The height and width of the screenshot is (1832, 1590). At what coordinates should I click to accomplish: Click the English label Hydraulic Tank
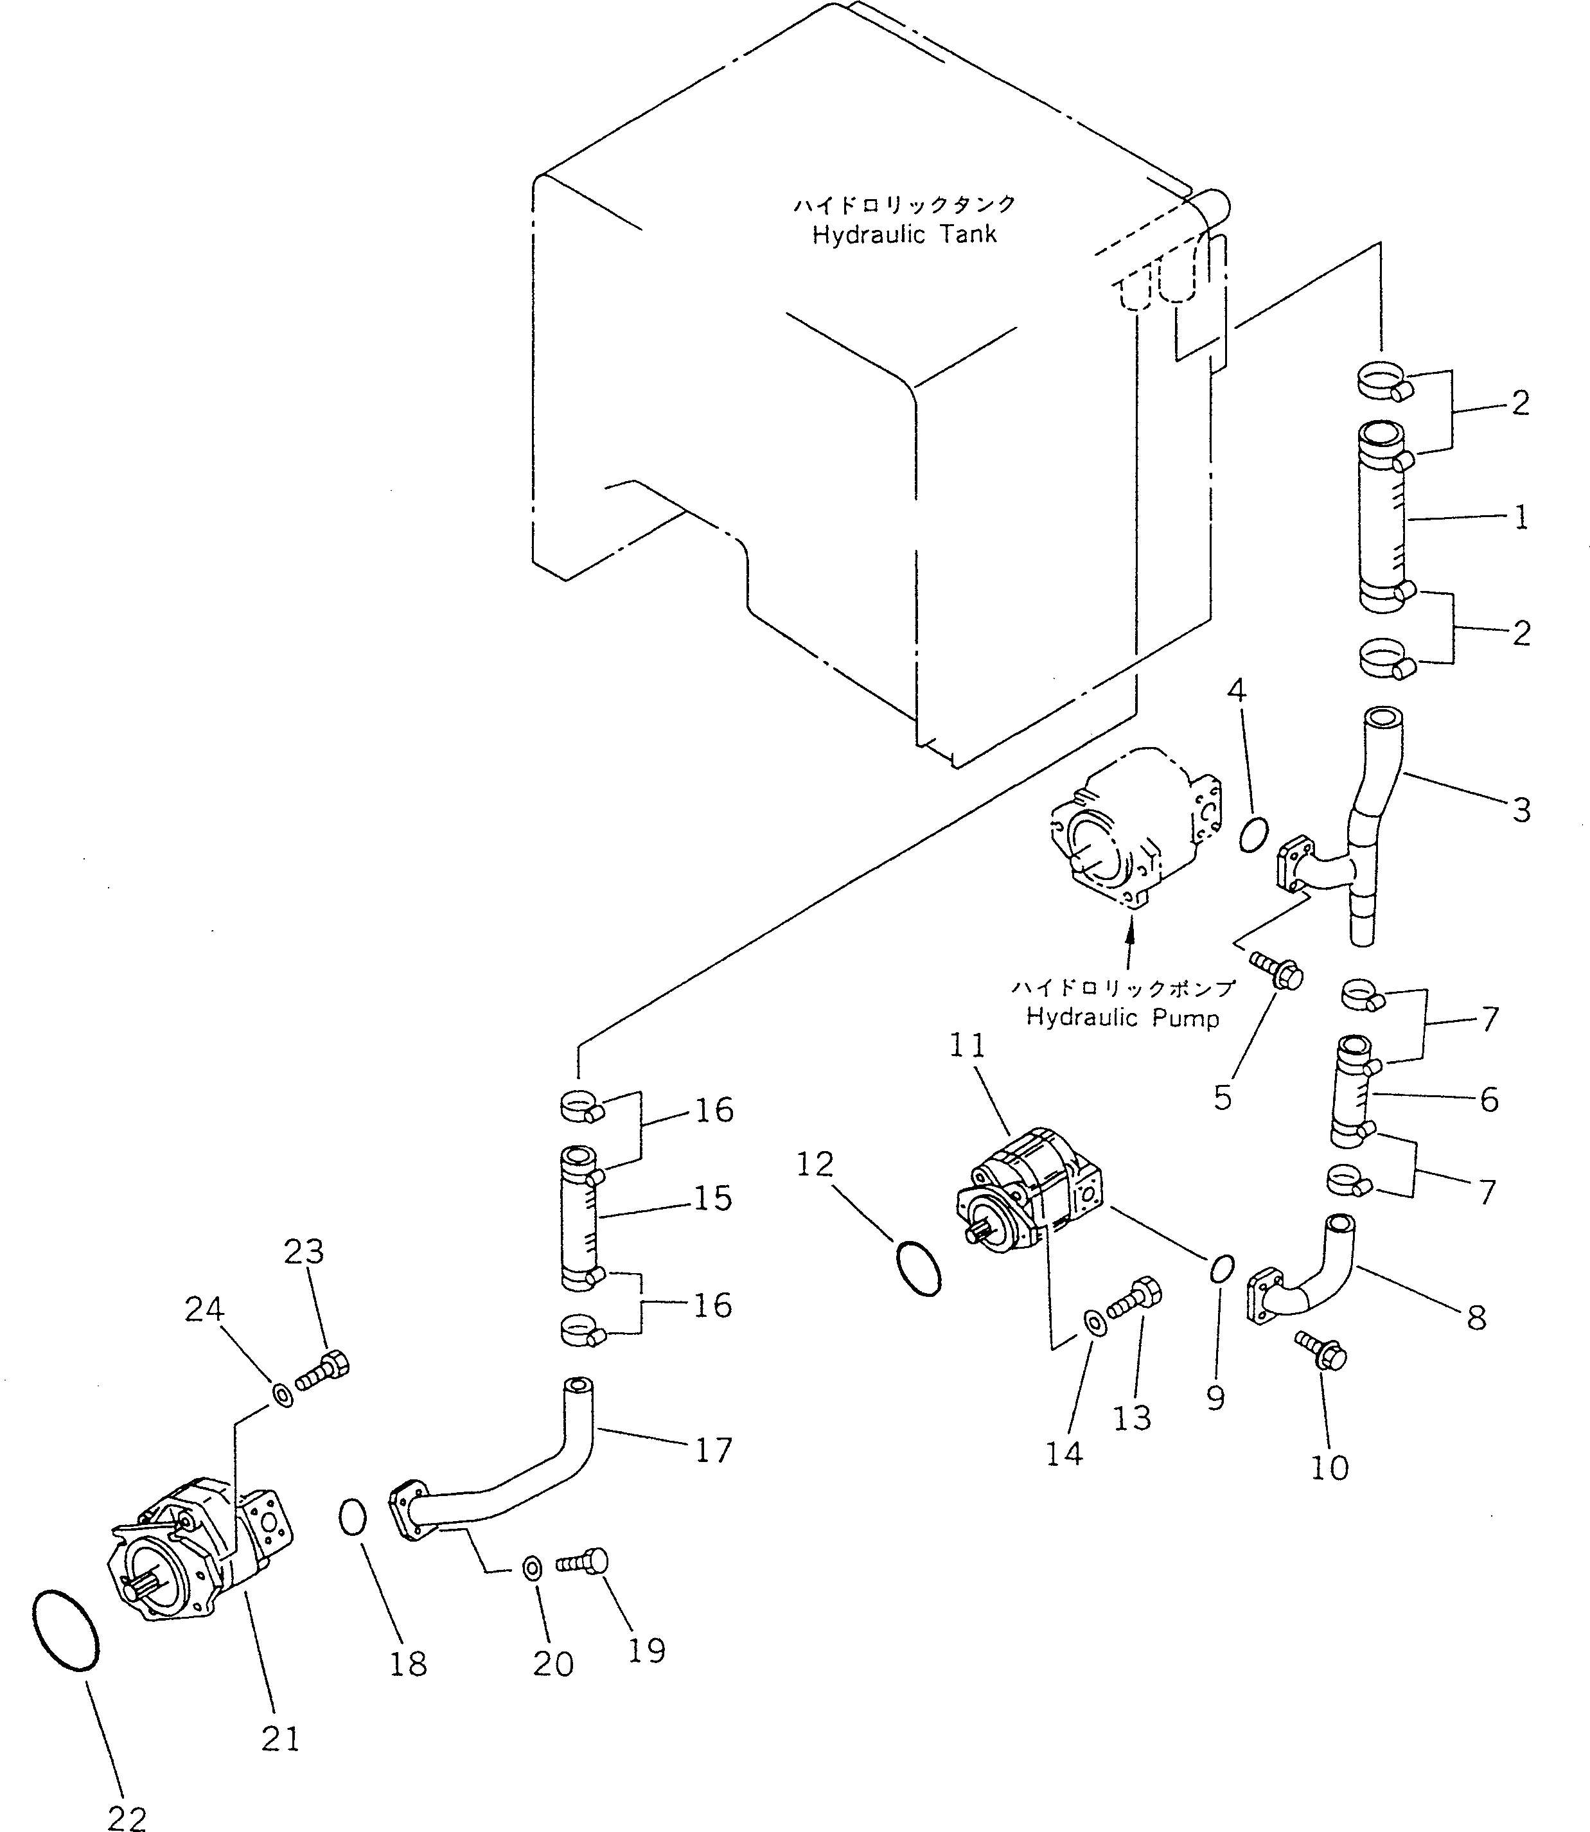pyautogui.click(x=904, y=235)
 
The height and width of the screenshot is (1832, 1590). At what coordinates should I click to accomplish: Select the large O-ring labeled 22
pyautogui.click(x=65, y=1630)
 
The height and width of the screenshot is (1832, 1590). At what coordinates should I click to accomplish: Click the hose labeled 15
pyautogui.click(x=582, y=1217)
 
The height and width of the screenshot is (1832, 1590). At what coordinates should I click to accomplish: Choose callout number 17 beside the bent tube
pyautogui.click(x=713, y=1450)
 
